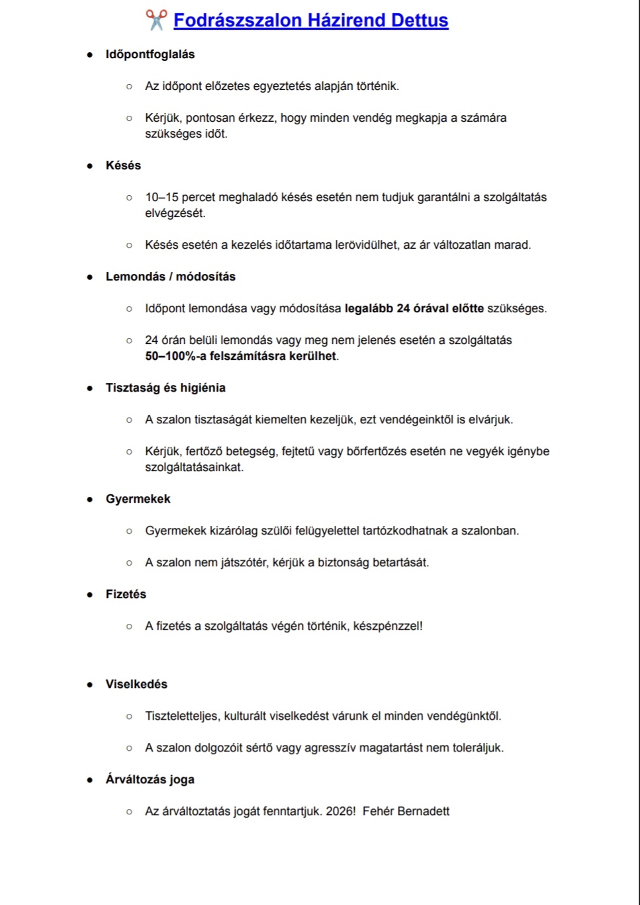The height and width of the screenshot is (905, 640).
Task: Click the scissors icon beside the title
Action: pyautogui.click(x=156, y=20)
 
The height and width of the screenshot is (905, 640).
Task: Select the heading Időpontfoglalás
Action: pyautogui.click(x=150, y=54)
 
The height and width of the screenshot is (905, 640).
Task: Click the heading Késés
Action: pyautogui.click(x=123, y=165)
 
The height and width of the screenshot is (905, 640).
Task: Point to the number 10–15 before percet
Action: pyautogui.click(x=161, y=197)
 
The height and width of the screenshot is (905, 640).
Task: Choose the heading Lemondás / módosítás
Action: pyautogui.click(x=171, y=277)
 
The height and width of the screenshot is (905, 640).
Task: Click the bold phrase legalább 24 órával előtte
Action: pyautogui.click(x=414, y=308)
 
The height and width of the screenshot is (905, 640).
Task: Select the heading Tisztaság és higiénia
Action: pyautogui.click(x=165, y=388)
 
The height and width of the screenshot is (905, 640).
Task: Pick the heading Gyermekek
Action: pyautogui.click(x=138, y=499)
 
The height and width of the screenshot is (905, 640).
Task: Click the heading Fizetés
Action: pyautogui.click(x=126, y=594)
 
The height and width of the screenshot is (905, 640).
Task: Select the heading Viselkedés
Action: pyautogui.click(x=136, y=684)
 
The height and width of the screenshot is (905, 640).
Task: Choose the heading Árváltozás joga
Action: pyautogui.click(x=150, y=779)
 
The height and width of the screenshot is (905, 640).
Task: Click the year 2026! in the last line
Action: pyautogui.click(x=341, y=811)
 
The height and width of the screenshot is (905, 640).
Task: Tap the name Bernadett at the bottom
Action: pyautogui.click(x=424, y=811)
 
